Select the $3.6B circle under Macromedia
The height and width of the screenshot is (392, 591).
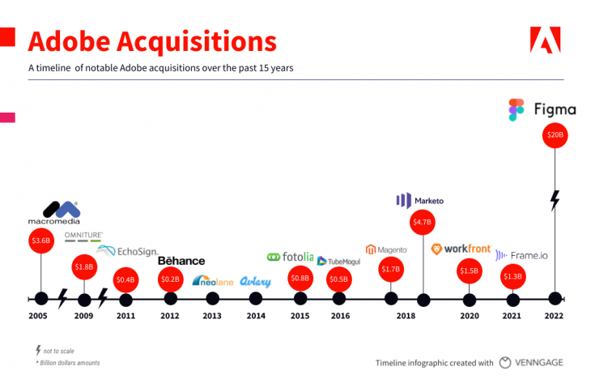[x=40, y=240]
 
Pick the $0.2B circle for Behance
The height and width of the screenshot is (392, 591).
[x=170, y=279]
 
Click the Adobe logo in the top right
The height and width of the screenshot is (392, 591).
[x=545, y=40]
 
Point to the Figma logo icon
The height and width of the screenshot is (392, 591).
[x=517, y=109]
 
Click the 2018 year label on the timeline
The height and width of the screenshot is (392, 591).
[x=406, y=316]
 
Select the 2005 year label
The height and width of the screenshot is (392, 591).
[x=39, y=316]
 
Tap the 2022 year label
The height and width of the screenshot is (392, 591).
[x=555, y=316]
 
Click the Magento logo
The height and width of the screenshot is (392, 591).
[x=386, y=249]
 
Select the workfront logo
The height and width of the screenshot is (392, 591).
[x=461, y=249]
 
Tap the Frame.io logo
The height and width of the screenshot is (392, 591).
[x=521, y=255]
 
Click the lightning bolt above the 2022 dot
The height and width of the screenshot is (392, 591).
[x=555, y=200]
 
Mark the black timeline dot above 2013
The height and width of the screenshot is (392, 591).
[x=212, y=298]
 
